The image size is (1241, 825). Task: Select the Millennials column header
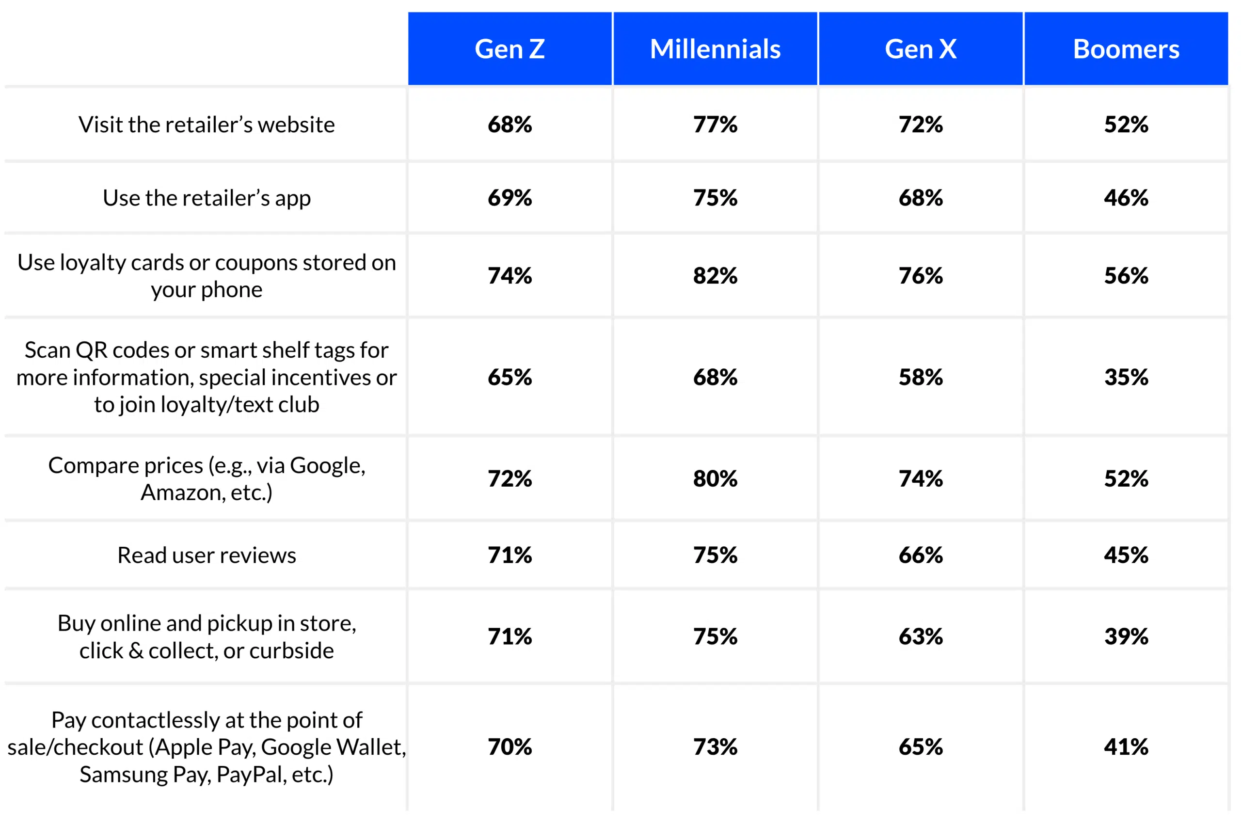(715, 49)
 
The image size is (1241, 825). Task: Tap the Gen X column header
(920, 49)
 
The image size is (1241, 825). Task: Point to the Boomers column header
(1126, 49)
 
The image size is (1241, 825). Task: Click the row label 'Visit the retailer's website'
(206, 125)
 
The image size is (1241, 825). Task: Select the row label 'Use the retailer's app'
(206, 198)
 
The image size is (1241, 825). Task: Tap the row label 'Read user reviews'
(206, 555)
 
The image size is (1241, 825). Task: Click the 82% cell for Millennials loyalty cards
(715, 276)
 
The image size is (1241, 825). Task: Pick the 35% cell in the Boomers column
(1126, 377)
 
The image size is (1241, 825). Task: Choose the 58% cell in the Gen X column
(920, 377)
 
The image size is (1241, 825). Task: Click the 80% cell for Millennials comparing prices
(715, 479)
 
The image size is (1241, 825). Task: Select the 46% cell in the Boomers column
(1126, 198)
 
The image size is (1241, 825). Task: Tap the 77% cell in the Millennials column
(715, 125)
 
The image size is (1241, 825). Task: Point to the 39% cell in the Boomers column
(1126, 636)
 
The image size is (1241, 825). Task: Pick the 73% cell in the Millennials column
(715, 747)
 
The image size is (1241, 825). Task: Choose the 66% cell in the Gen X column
(920, 555)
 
